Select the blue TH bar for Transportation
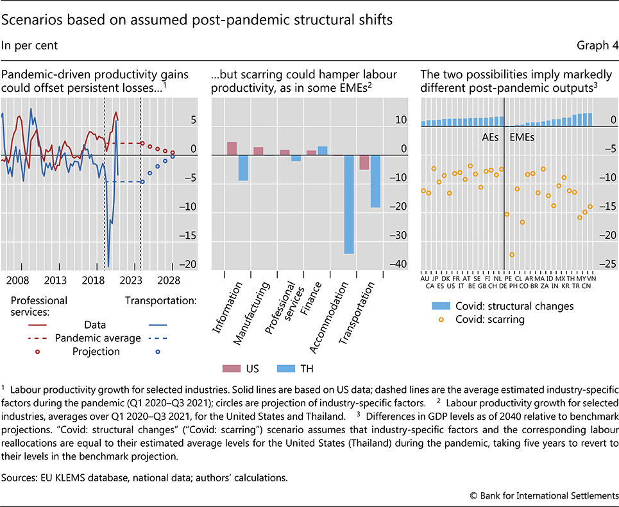[x=375, y=181]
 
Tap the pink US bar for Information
[x=232, y=148]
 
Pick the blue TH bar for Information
[x=243, y=168]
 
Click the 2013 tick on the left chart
[x=56, y=281]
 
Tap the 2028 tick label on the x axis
[x=168, y=281]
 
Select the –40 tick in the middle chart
[x=399, y=264]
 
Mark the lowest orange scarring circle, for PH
[x=512, y=255]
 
